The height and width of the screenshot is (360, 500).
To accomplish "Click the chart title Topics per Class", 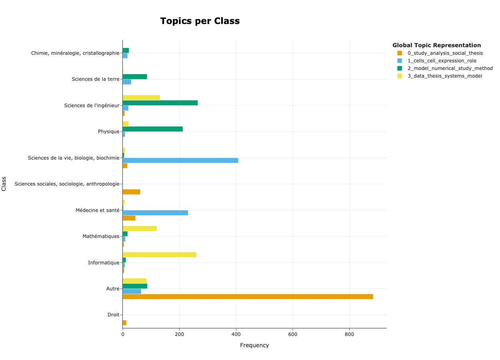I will [x=200, y=21].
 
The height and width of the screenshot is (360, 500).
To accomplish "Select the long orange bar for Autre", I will [x=248, y=296].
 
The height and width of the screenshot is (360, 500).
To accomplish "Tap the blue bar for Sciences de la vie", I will [x=180, y=160].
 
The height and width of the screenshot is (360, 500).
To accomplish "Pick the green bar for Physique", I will [x=152, y=129].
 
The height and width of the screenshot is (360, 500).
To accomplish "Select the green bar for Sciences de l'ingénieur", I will [x=160, y=103].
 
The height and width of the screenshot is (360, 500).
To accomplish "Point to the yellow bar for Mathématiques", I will [x=140, y=228].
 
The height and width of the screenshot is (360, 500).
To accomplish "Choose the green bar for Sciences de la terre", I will [x=135, y=76].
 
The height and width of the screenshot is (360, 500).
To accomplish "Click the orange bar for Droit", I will [x=124, y=323].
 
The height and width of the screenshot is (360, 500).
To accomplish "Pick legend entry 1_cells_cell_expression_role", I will [x=442, y=61].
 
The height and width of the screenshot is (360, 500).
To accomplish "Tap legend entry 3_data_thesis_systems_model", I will [x=444, y=76].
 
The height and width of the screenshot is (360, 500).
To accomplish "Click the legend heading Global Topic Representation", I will [x=436, y=45].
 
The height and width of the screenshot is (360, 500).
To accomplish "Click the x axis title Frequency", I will [x=254, y=345].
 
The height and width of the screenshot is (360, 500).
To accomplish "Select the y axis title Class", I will [x=4, y=184].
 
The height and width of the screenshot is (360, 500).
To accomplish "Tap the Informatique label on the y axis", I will [x=104, y=263].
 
